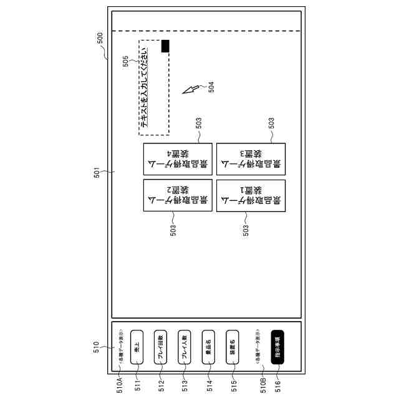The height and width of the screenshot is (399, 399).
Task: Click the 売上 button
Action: pos(137,347)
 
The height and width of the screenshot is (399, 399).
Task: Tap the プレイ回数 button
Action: pos(160,347)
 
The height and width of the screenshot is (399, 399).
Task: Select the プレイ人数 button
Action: pos(183,347)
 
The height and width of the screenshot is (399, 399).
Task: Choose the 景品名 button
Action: pos(208,347)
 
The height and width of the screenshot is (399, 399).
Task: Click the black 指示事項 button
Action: pos(277,347)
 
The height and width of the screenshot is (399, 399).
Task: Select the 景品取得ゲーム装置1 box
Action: pos(251,196)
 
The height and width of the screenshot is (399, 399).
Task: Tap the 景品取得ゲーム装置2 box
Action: pos(178,196)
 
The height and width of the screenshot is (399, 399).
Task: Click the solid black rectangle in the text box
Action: pos(165,46)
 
